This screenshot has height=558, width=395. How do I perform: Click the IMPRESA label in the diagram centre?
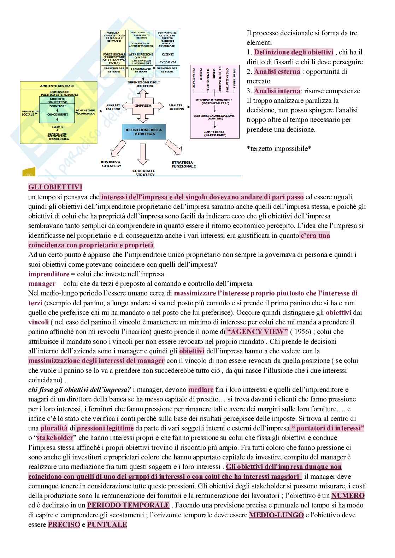click(143, 105)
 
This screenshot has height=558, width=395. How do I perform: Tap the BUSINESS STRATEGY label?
click(111, 164)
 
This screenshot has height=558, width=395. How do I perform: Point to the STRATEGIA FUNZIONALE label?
click(183, 164)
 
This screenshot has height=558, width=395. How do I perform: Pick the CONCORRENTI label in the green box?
click(58, 114)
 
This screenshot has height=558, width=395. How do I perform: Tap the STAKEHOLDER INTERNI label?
click(141, 70)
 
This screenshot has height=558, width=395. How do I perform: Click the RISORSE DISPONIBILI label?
click(212, 102)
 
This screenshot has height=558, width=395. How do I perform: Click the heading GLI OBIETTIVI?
click(55, 187)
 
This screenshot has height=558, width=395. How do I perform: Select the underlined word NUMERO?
click(348, 495)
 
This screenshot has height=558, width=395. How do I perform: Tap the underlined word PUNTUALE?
click(107, 524)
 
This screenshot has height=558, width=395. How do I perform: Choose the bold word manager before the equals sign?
click(42, 283)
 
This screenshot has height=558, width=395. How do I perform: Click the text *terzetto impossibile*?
click(279, 148)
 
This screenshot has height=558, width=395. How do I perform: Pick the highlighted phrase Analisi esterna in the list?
click(277, 71)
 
